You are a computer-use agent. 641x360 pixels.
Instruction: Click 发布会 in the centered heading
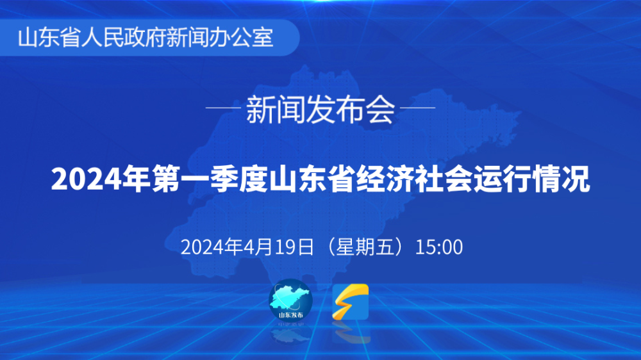click(351, 110)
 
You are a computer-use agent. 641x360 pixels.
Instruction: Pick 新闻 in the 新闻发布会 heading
click(276, 110)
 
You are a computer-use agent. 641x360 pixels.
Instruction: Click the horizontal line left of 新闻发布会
click(223, 108)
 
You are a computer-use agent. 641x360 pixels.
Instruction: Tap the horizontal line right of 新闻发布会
click(418, 108)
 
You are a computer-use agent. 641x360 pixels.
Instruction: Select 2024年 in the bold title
click(101, 179)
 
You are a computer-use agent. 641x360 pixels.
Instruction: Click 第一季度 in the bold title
click(210, 179)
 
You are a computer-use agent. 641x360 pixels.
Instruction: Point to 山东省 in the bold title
click(312, 179)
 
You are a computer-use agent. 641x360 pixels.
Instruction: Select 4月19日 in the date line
click(278, 247)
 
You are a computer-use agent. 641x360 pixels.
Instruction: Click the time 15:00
click(439, 247)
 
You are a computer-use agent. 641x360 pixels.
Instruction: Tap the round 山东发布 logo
click(290, 300)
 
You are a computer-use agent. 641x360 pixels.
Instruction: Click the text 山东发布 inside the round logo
click(291, 315)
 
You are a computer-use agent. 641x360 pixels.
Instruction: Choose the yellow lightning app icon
click(351, 302)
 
